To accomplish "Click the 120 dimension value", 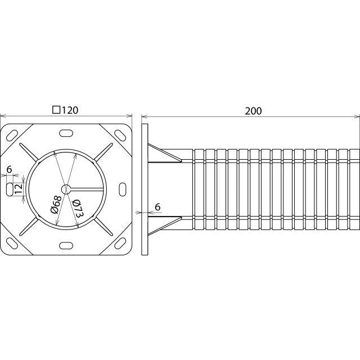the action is click(70, 110).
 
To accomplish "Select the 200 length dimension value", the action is click(253, 111).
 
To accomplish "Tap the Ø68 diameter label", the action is click(56, 205).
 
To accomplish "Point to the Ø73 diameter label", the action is click(77, 209).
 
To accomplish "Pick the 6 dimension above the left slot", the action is click(9, 169).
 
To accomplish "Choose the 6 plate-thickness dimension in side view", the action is click(157, 207).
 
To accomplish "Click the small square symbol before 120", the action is click(56, 110).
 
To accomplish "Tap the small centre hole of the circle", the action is click(66, 190).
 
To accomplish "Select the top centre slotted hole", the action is click(66, 133).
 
